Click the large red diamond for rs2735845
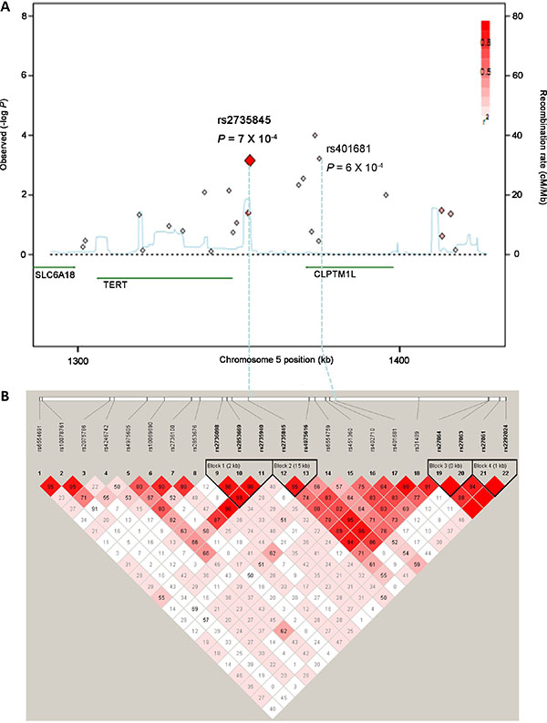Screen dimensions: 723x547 tap(249, 160)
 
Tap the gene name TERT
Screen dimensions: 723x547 tap(116, 284)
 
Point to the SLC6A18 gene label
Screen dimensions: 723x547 tap(54, 273)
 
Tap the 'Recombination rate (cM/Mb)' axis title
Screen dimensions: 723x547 tap(537, 135)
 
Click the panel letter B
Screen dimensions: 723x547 tap(7, 398)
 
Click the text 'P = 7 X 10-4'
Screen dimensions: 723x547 tap(247, 139)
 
